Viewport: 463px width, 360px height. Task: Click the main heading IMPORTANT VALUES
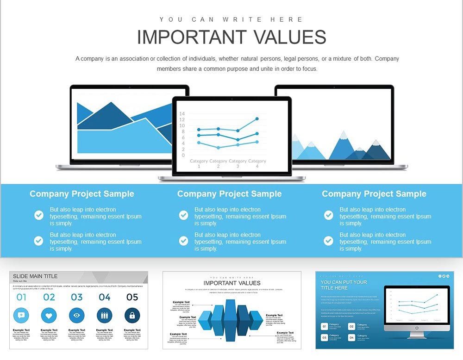pyautogui.click(x=231, y=37)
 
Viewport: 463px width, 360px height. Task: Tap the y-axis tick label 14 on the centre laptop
pyautogui.click(x=182, y=114)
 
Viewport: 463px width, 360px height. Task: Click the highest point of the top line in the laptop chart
pyautogui.click(x=257, y=119)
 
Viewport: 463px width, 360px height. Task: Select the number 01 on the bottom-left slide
pyautogui.click(x=21, y=297)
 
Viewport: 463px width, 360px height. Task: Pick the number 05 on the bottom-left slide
pyautogui.click(x=132, y=297)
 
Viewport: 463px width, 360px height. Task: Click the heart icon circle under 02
pyautogui.click(x=49, y=316)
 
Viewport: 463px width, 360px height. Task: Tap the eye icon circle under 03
pyautogui.click(x=77, y=316)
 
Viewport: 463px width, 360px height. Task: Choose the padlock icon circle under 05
pyautogui.click(x=132, y=316)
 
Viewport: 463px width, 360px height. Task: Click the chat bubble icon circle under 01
pyautogui.click(x=21, y=316)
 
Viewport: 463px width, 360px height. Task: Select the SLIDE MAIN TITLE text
pyautogui.click(x=35, y=276)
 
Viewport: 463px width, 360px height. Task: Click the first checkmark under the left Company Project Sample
pyautogui.click(x=39, y=215)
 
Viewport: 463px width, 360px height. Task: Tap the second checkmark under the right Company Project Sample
pyautogui.click(x=329, y=241)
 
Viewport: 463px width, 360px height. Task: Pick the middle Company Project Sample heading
pyautogui.click(x=229, y=194)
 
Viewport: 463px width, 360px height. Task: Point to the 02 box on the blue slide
pyautogui.click(x=351, y=327)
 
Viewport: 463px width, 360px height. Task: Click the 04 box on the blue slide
pyautogui.click(x=351, y=338)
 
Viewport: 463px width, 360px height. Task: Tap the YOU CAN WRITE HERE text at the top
pyautogui.click(x=231, y=19)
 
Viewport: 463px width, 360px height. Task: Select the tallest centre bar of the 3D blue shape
pyautogui.click(x=231, y=319)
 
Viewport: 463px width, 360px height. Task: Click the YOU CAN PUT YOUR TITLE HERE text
pyautogui.click(x=344, y=285)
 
